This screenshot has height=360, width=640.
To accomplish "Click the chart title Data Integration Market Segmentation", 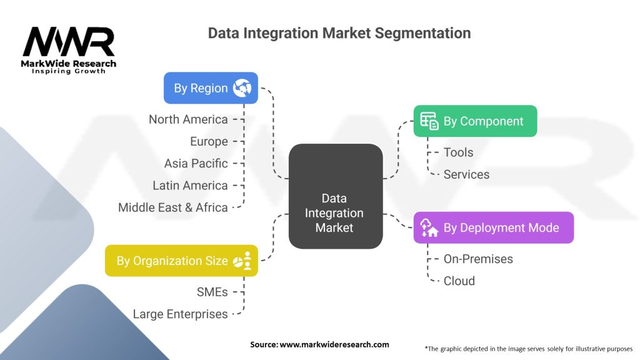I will (339, 33).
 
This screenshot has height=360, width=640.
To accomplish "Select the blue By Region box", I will (211, 88).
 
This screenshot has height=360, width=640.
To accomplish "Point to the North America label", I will (188, 119).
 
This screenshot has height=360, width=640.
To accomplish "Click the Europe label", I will (209, 141).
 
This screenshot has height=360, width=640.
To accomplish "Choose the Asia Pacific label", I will (196, 163).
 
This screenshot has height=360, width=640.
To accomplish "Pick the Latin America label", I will (190, 186).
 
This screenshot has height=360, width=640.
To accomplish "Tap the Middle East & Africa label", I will (172, 207).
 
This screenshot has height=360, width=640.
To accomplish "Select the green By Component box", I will (475, 121).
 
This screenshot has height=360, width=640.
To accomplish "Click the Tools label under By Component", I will (458, 152).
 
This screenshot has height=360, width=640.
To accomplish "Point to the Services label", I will (466, 174).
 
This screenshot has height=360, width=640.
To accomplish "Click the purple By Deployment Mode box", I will (494, 227).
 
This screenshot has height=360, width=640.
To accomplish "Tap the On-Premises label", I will (477, 259).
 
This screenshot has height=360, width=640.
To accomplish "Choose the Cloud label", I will (459, 281).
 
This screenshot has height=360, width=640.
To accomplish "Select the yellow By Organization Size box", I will (181, 261).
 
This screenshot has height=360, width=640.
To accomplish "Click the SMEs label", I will (212, 292).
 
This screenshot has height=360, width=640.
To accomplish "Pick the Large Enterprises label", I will (180, 314).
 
